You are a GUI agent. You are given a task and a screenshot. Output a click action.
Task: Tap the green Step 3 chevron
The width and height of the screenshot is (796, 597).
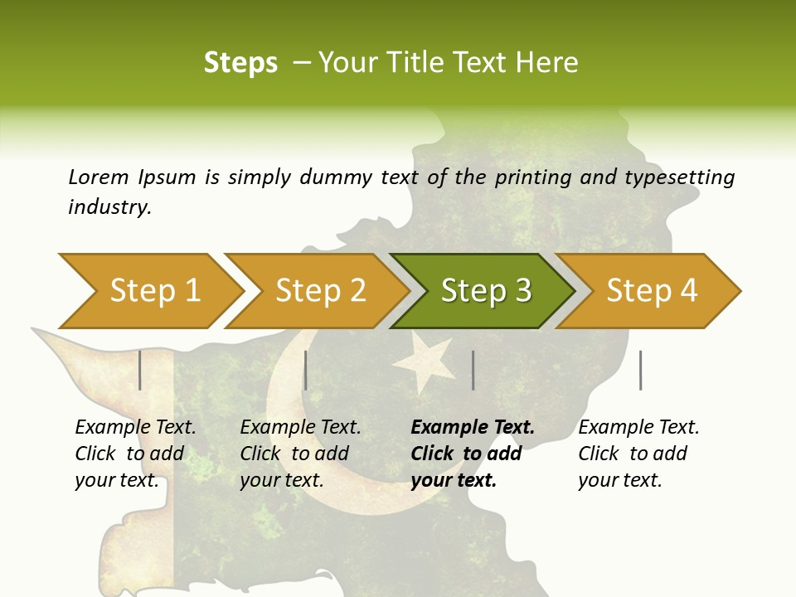point(483,291)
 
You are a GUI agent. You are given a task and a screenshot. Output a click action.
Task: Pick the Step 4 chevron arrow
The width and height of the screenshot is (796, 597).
point(649,291)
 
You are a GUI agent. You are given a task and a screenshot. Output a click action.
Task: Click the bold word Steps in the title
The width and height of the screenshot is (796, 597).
point(240,62)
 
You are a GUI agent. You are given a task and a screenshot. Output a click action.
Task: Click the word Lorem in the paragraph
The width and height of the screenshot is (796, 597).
point(99,177)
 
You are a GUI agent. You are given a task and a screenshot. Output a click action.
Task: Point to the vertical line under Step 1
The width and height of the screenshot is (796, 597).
point(140,370)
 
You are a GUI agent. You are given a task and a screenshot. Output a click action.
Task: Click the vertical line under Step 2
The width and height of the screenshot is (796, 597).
point(306,370)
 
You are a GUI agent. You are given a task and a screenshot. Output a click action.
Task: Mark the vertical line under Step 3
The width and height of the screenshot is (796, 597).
point(473,370)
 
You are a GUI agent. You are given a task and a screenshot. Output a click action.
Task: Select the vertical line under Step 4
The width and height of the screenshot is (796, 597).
point(640,370)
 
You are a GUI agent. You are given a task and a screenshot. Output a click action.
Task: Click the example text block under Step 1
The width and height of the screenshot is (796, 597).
point(134,454)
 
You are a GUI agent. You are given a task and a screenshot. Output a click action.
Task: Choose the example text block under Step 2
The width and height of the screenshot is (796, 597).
point(299,454)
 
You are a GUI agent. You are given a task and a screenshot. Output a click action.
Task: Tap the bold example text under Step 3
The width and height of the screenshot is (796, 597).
point(473,454)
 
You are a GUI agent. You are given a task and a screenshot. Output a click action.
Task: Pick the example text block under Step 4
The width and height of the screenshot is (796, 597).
point(638,454)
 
